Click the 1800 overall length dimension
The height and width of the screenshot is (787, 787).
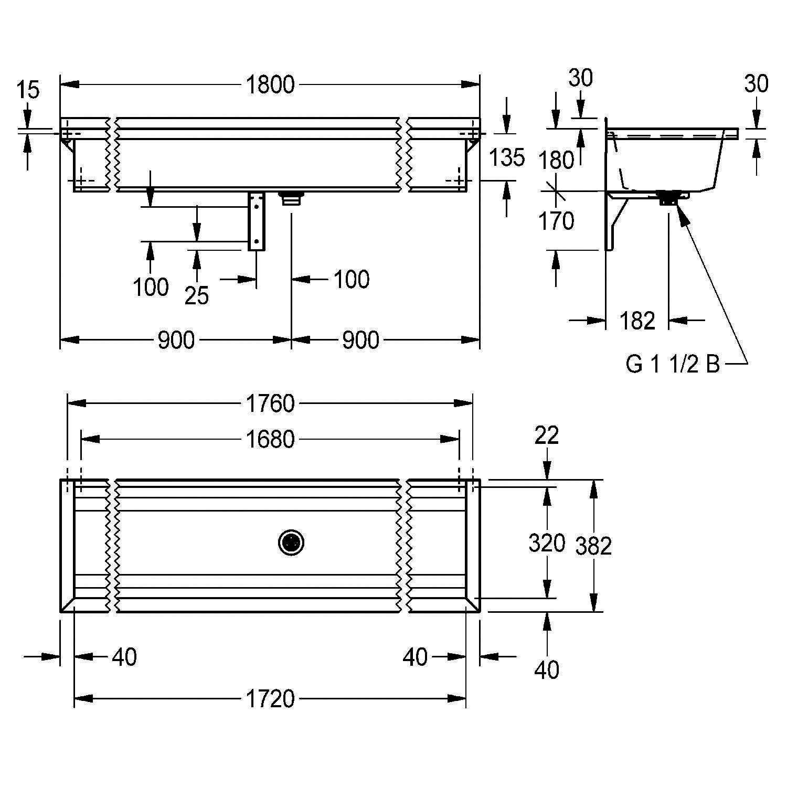tap(270, 85)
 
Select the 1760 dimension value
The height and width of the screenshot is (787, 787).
tap(270, 403)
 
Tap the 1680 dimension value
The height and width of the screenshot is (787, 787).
tap(270, 439)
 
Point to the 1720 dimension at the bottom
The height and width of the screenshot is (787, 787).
tap(270, 699)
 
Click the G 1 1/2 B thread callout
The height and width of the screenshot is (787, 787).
tap(673, 364)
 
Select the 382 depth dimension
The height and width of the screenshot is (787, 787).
tap(593, 546)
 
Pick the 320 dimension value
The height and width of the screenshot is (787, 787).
tap(547, 544)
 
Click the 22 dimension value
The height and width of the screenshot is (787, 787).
tap(547, 435)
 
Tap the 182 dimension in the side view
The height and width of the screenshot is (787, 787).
tap(637, 321)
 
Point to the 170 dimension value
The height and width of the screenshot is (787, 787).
tap(557, 221)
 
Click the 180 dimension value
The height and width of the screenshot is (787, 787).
tap(557, 160)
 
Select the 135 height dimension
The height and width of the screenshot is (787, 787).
tap(506, 157)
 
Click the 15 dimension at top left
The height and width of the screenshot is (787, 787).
tap(28, 90)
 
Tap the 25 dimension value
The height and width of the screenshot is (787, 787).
tap(197, 296)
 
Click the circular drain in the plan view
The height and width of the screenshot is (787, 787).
tap(291, 543)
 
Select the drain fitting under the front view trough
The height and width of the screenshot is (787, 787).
tap(292, 198)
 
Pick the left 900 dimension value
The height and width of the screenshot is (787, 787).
tap(176, 341)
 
